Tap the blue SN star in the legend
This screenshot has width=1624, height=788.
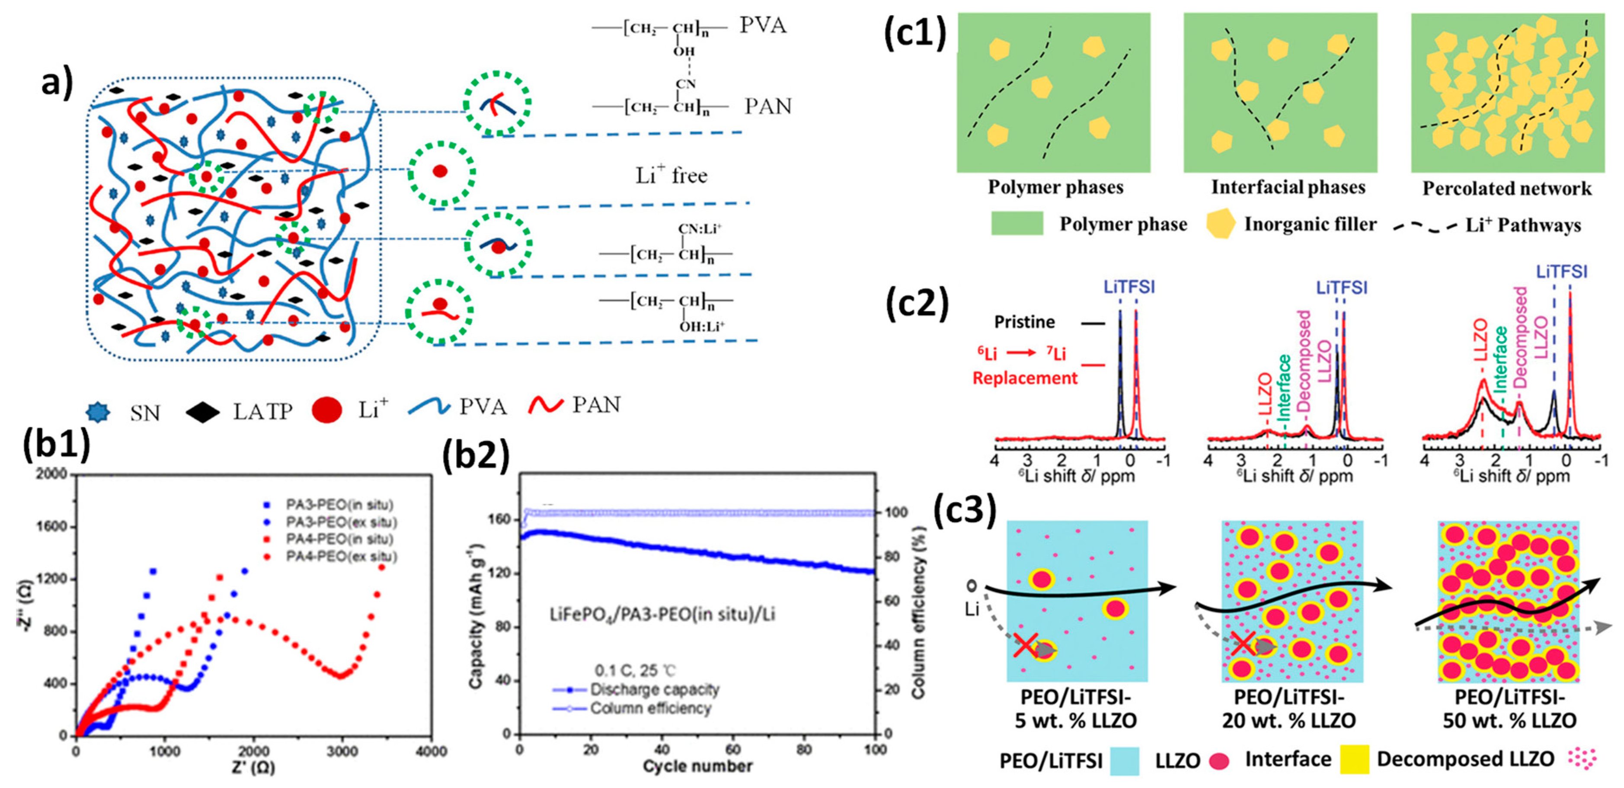98,412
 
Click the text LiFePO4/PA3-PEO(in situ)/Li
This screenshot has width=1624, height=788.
662,613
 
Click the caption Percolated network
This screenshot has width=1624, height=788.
1507,189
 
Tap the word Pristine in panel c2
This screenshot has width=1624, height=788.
1024,322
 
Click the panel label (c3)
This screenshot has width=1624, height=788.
965,508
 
